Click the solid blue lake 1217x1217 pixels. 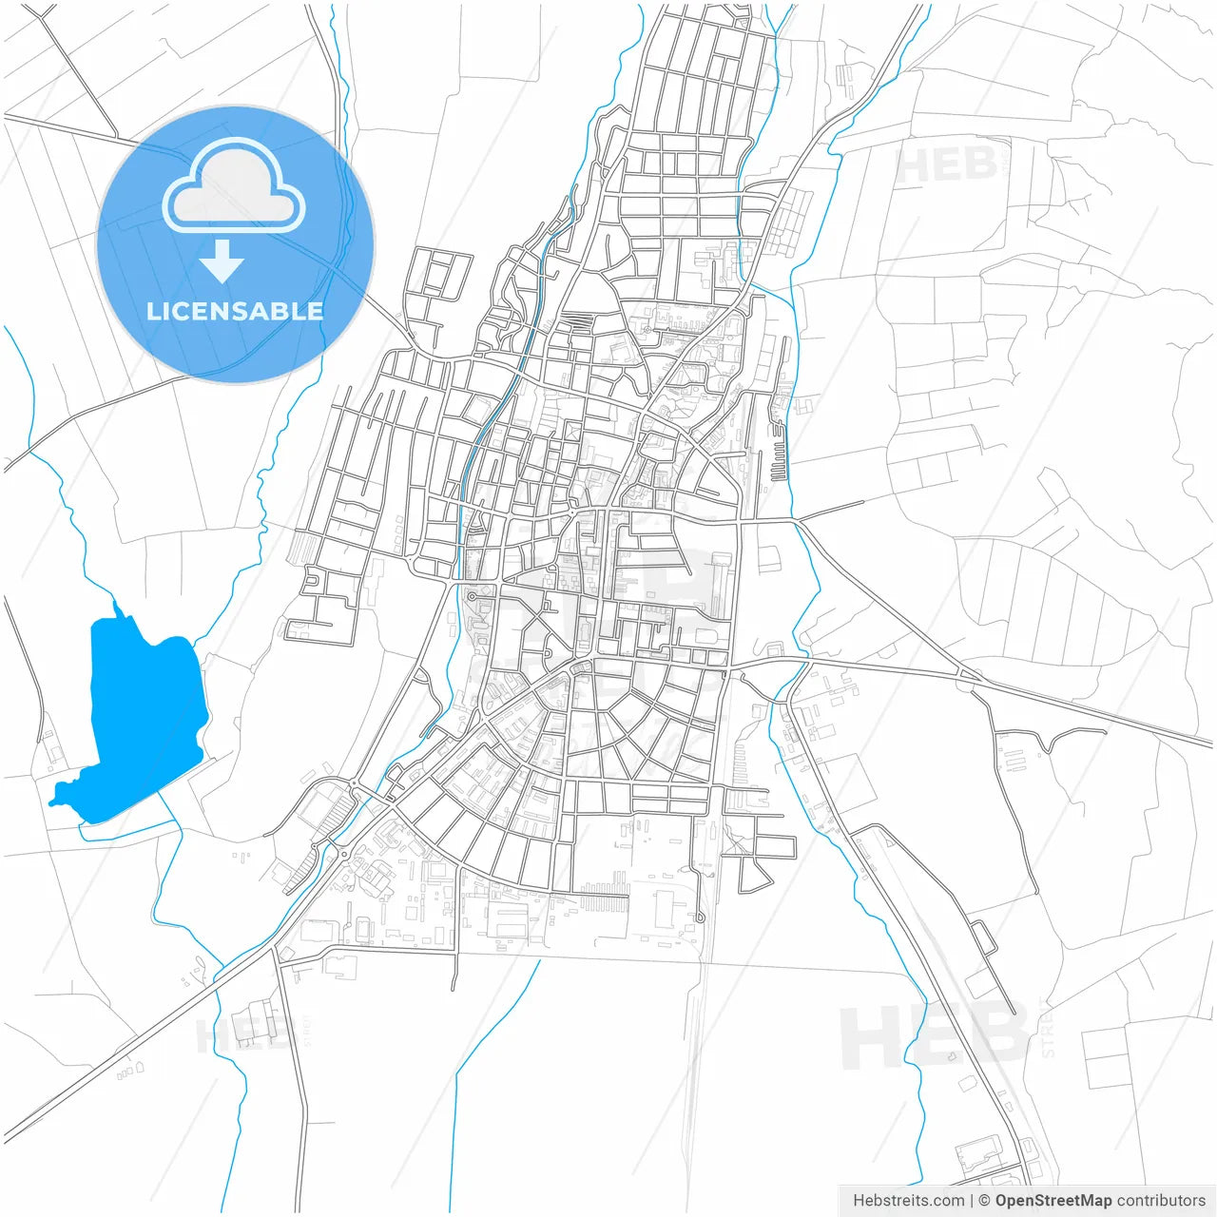pyautogui.click(x=143, y=713)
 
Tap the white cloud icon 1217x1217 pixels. pyautogui.click(x=234, y=185)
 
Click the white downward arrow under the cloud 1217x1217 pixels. pyautogui.click(x=222, y=261)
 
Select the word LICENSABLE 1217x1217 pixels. pyautogui.click(x=235, y=311)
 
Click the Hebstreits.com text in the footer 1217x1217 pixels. pyautogui.click(x=908, y=1201)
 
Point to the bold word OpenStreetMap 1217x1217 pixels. pyautogui.click(x=1053, y=1201)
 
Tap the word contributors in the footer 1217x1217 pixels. pyautogui.click(x=1160, y=1201)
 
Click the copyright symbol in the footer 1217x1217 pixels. pyautogui.click(x=985, y=1201)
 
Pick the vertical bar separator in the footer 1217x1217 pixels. pyautogui.click(x=972, y=1201)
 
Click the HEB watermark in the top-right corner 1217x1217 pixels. pyautogui.click(x=946, y=164)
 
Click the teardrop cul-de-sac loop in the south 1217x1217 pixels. pyautogui.click(x=700, y=917)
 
